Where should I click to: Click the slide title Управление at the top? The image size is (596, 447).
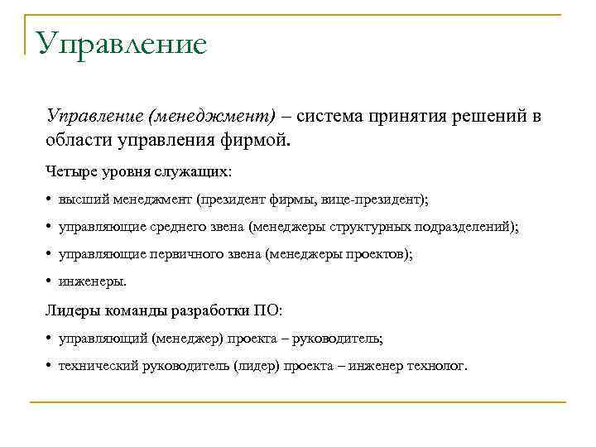tap(121, 43)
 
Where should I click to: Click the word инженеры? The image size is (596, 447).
tap(91, 281)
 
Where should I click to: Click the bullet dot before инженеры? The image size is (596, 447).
tap(50, 281)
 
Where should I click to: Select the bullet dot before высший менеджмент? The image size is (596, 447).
tap(50, 199)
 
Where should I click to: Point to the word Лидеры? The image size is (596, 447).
tap(70, 310)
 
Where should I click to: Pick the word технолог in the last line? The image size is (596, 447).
tap(438, 365)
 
